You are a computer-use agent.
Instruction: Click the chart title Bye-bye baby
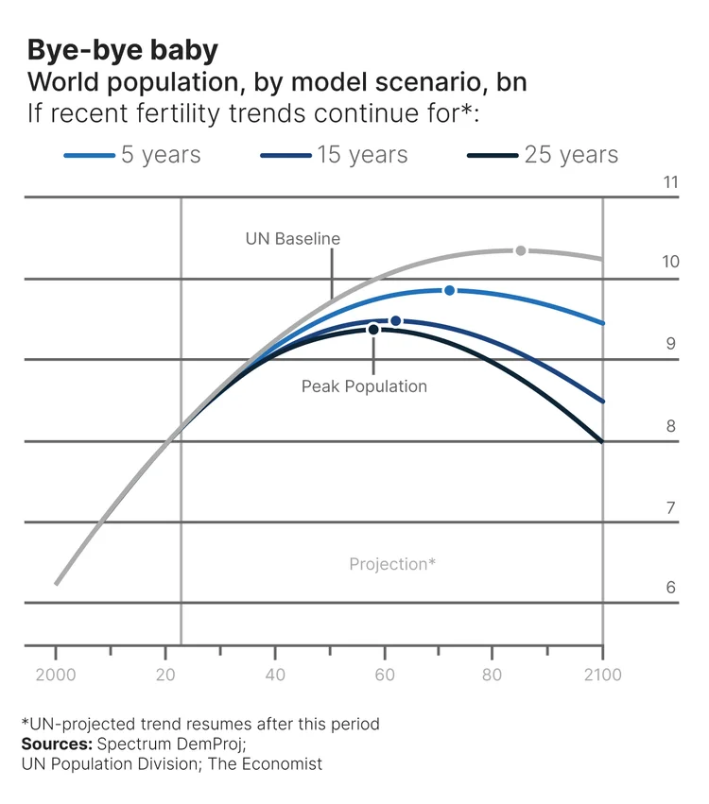(123, 49)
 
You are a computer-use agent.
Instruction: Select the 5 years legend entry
(161, 155)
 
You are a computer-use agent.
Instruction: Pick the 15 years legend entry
(362, 155)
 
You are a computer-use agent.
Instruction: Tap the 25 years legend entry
(571, 155)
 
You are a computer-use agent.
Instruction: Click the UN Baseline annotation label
(292, 239)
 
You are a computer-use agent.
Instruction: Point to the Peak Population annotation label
(364, 386)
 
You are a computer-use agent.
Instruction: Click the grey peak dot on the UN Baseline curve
(521, 250)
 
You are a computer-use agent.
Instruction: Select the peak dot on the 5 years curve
(449, 290)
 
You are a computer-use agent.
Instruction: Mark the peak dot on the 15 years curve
(395, 321)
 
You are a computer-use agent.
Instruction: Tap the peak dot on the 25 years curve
(373, 330)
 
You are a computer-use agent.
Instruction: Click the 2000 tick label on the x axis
(56, 676)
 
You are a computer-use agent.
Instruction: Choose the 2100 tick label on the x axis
(603, 676)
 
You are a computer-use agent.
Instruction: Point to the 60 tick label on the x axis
(384, 676)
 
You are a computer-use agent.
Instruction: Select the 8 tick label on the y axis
(671, 427)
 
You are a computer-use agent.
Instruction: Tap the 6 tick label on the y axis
(671, 588)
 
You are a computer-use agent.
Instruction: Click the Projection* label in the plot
(392, 564)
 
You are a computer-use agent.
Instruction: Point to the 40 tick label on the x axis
(275, 676)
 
